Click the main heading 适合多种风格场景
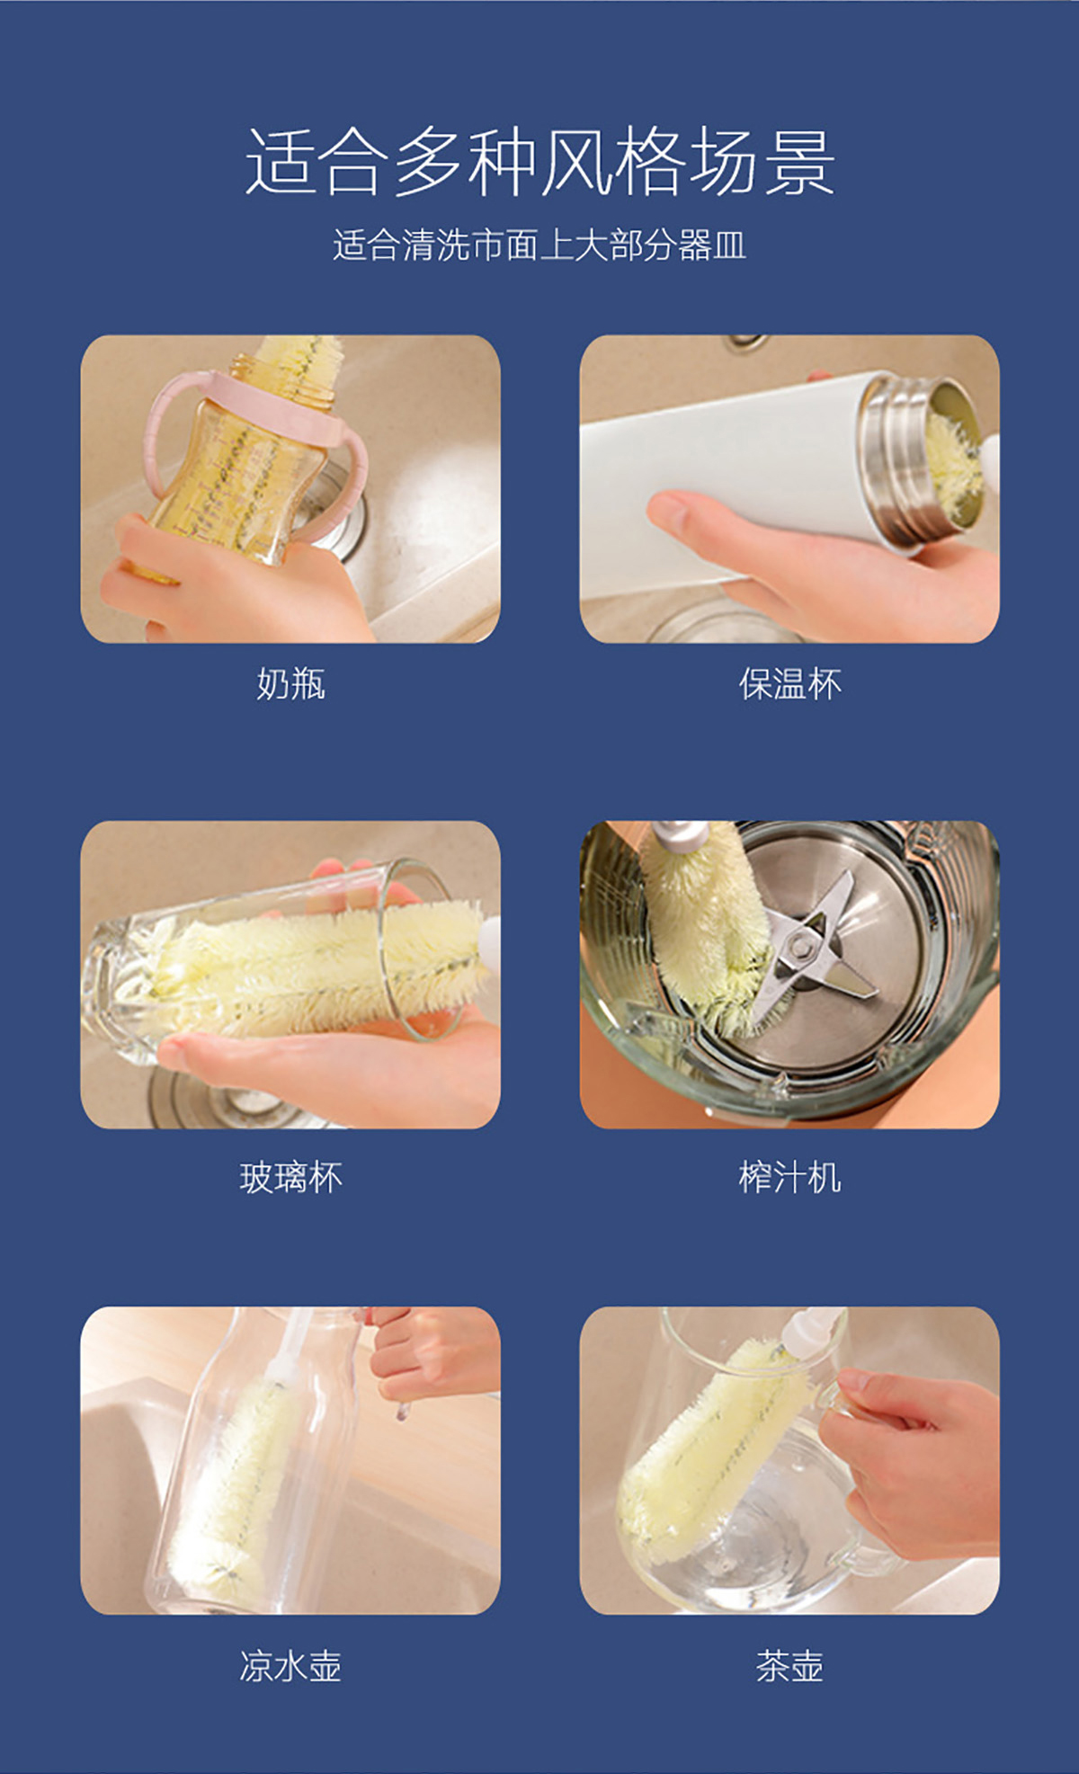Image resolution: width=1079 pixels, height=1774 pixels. (x=539, y=162)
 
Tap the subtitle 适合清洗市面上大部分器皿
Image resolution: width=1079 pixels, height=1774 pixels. (x=539, y=245)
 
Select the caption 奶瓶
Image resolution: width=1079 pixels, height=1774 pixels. (x=290, y=684)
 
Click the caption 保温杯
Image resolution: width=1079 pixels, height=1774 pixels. (x=789, y=684)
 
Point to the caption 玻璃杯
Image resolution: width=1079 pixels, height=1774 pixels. (x=290, y=1177)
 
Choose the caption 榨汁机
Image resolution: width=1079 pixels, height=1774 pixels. (x=789, y=1177)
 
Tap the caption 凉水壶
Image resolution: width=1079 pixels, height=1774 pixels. (x=290, y=1666)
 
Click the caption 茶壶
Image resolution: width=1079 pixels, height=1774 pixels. (x=789, y=1666)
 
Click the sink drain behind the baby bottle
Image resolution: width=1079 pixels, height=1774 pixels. (x=337, y=513)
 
